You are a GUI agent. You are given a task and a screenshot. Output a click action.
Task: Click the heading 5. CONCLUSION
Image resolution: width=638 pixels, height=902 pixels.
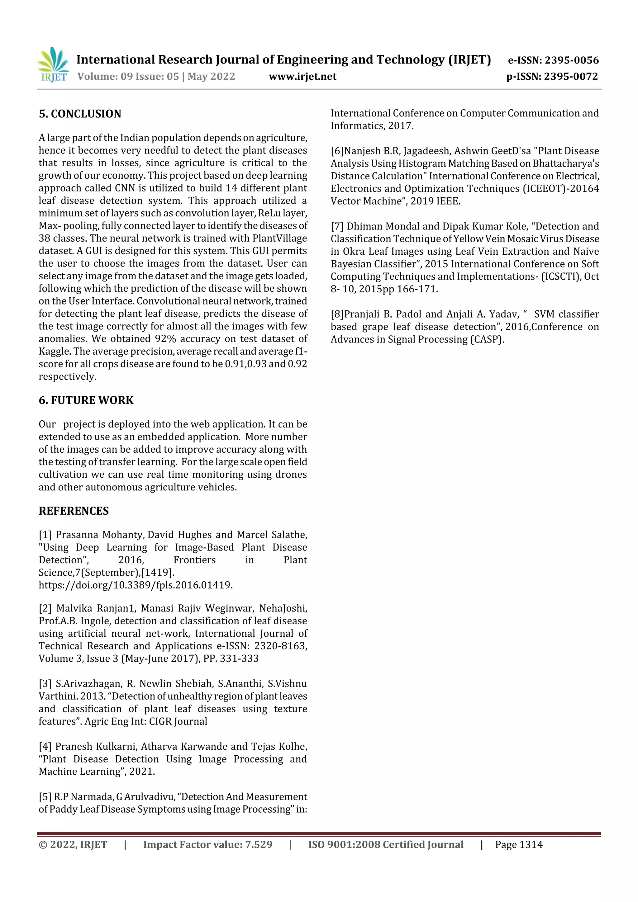tap(80, 114)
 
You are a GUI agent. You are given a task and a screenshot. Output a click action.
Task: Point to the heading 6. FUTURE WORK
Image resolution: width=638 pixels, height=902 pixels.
tap(86, 400)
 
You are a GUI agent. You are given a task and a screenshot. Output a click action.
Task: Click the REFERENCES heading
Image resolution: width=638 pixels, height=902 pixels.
tap(74, 511)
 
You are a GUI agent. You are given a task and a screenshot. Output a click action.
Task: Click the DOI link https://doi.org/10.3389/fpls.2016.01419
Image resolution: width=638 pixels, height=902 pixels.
tap(135, 585)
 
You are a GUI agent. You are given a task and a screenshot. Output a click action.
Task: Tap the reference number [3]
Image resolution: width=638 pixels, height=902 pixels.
tap(45, 683)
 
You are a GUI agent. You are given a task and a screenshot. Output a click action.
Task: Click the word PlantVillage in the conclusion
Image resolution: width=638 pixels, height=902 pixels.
tap(279, 238)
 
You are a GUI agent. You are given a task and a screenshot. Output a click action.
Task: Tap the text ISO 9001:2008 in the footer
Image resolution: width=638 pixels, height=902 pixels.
tap(344, 845)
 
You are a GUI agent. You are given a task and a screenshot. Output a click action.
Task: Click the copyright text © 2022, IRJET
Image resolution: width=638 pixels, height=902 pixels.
tap(73, 845)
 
